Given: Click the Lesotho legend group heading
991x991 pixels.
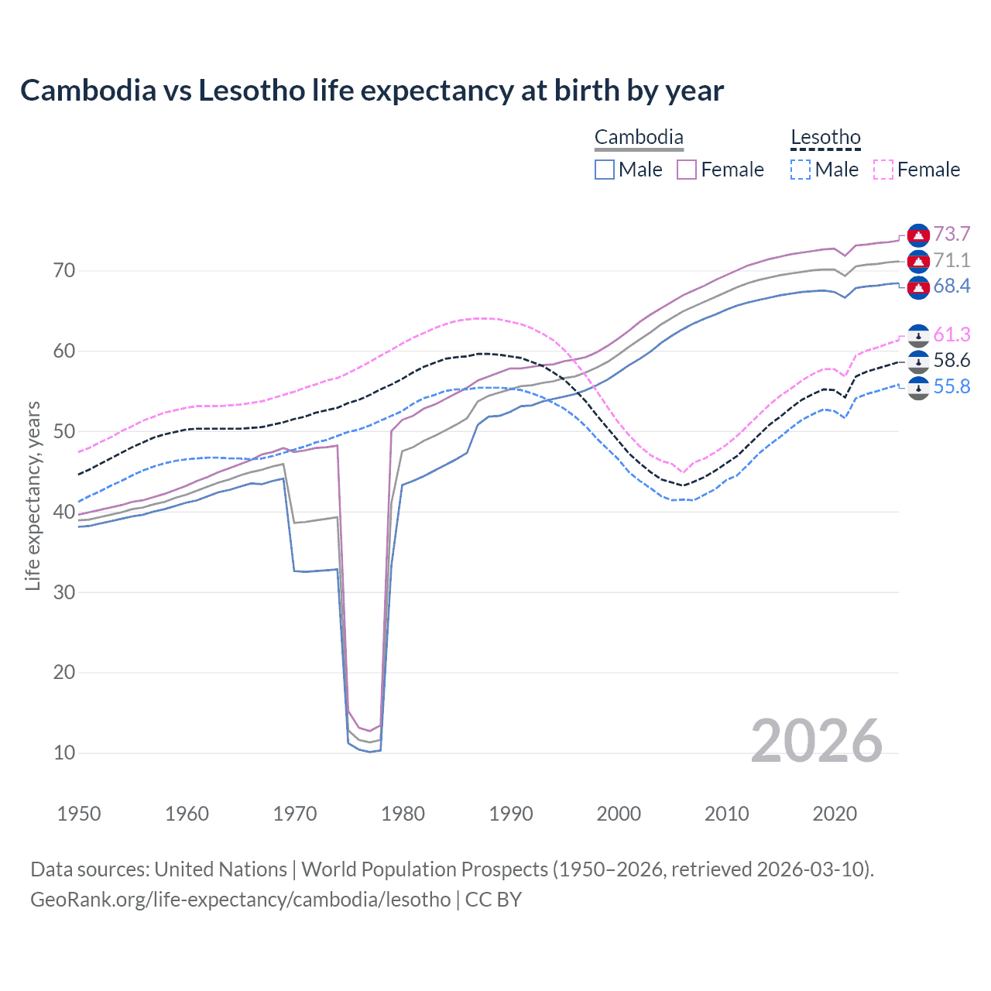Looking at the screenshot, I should click(825, 138).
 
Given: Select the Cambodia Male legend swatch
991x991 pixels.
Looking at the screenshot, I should click(605, 170).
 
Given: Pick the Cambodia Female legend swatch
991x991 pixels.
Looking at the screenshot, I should click(687, 170).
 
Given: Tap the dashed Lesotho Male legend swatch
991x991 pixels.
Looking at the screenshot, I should click(801, 170).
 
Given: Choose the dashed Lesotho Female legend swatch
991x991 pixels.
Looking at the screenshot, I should click(883, 170).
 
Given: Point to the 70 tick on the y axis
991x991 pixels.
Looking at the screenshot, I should click(64, 271).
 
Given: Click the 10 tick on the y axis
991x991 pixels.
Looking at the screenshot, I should click(64, 753).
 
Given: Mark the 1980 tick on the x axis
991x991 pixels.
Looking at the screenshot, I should click(403, 814).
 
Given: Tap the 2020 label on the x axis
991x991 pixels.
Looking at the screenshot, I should click(835, 814).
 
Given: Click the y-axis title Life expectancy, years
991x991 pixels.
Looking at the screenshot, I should click(33, 495).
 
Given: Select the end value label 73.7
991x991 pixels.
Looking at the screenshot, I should click(952, 234).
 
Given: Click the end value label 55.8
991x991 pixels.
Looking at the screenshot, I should click(952, 386).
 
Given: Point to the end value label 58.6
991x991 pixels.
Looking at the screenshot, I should click(952, 360).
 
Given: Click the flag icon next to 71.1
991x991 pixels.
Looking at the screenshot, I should click(918, 261).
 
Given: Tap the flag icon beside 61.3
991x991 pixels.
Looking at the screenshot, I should click(918, 335).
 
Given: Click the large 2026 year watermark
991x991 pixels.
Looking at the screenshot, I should click(816, 741).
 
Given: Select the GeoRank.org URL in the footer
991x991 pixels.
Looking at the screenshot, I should click(240, 900).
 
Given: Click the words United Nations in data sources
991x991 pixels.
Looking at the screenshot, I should click(221, 869).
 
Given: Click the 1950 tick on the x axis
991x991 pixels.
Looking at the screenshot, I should click(80, 814).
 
